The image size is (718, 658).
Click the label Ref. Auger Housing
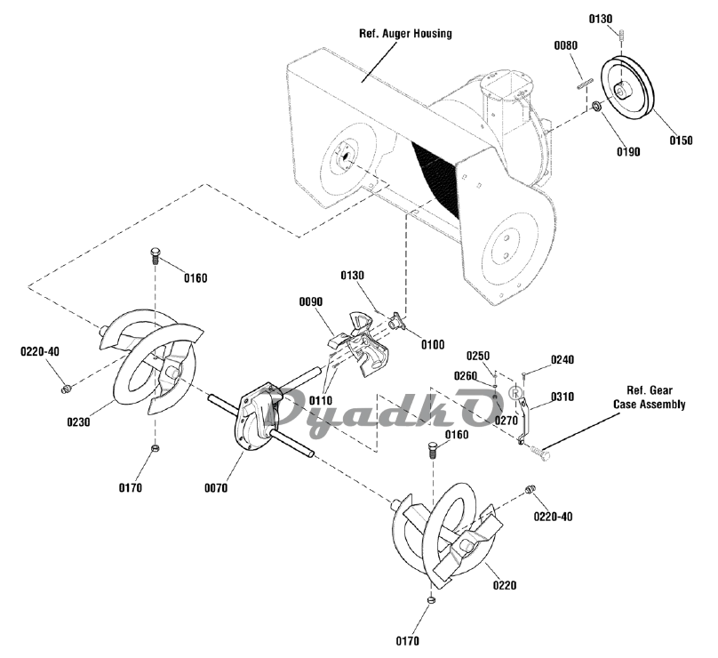[405, 34]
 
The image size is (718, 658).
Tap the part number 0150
[682, 140]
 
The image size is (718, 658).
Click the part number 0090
[311, 302]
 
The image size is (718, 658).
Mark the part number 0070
[215, 487]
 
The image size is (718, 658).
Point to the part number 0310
[562, 396]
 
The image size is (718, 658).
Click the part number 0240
[562, 359]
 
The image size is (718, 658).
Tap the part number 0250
[479, 357]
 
